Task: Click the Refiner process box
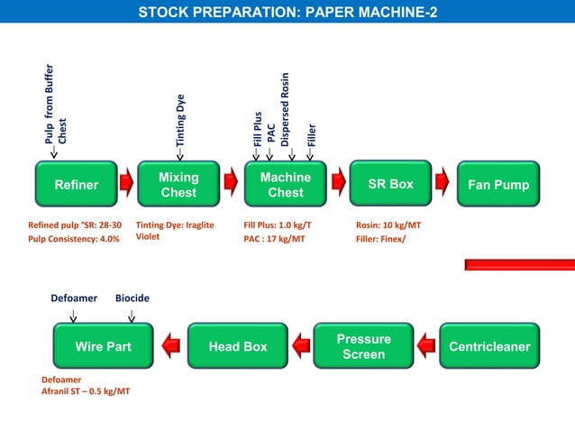pyautogui.click(x=77, y=185)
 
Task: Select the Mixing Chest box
pyautogui.click(x=178, y=185)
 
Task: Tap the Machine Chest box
pyautogui.click(x=286, y=185)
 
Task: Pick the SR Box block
pyautogui.click(x=390, y=184)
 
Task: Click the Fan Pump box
pyautogui.click(x=498, y=185)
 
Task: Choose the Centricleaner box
pyautogui.click(x=489, y=346)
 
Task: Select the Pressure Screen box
pyautogui.click(x=363, y=346)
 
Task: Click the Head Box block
pyautogui.click(x=238, y=346)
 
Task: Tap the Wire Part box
pyautogui.click(x=103, y=346)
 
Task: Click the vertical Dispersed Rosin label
pyautogui.click(x=285, y=109)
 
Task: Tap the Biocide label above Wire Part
pyautogui.click(x=132, y=298)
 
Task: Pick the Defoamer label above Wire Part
pyautogui.click(x=74, y=298)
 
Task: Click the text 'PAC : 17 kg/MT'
pyautogui.click(x=275, y=239)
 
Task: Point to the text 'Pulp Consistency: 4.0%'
pyautogui.click(x=74, y=239)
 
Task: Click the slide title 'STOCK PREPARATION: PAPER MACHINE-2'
pyautogui.click(x=287, y=12)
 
